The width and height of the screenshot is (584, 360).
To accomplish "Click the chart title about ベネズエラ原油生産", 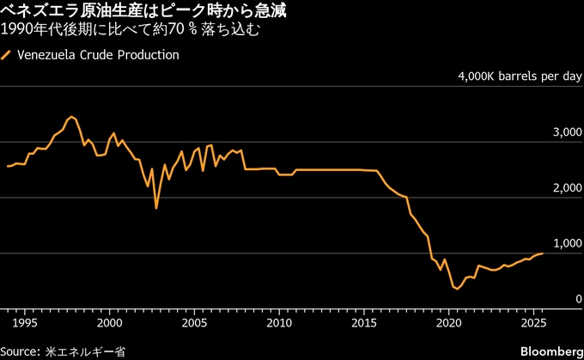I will click(x=144, y=11).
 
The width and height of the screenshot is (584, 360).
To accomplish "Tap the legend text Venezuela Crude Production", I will click(x=97, y=55).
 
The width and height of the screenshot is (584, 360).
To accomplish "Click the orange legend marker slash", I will click(x=7, y=55).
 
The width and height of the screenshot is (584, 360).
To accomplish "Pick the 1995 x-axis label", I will click(x=25, y=323).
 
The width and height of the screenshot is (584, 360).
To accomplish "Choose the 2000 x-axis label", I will click(x=109, y=323).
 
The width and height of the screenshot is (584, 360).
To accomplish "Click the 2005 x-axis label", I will click(x=194, y=323).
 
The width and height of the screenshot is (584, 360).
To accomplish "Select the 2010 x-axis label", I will click(x=278, y=323).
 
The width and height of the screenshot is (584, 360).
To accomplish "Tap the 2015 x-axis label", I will click(x=363, y=323).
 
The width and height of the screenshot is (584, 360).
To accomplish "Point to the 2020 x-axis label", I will click(x=448, y=323).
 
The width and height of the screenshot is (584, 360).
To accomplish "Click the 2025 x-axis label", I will click(x=532, y=323).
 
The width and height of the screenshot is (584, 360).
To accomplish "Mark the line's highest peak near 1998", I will click(x=71, y=116).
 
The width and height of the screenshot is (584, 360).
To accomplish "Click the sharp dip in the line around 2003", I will click(x=156, y=208).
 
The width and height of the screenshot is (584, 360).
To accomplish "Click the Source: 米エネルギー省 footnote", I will click(x=64, y=351).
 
